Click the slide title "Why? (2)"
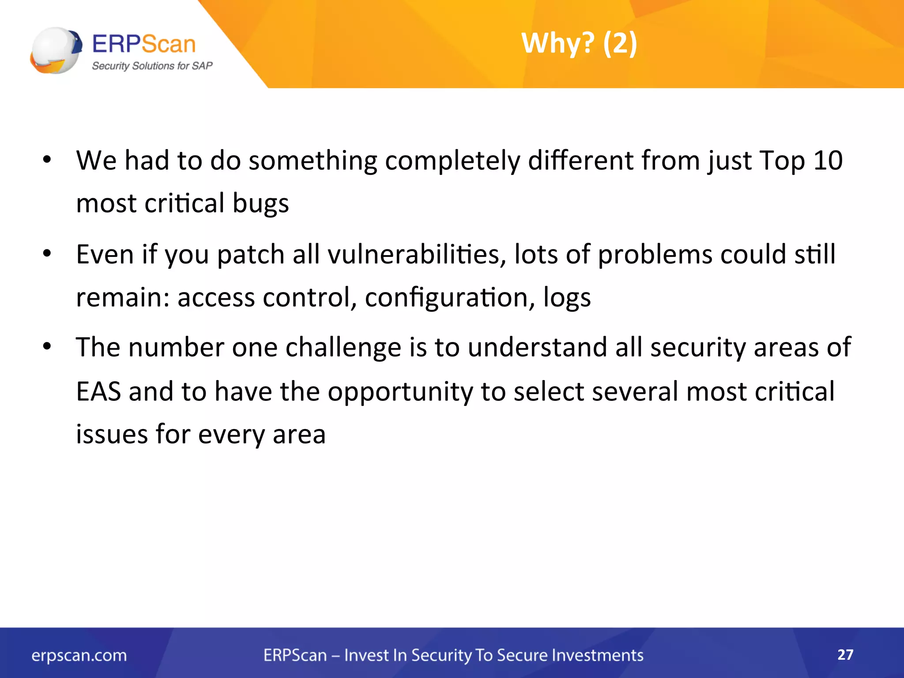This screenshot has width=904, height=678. (x=579, y=43)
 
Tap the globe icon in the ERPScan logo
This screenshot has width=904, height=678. (x=56, y=50)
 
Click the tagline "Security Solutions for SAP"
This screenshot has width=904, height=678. (x=152, y=66)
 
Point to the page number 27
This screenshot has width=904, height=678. (x=845, y=654)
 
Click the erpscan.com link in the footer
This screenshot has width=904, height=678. (x=79, y=655)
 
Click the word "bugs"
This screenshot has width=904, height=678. (x=260, y=203)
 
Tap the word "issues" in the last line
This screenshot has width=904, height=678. (x=112, y=434)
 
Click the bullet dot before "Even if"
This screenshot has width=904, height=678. (x=47, y=254)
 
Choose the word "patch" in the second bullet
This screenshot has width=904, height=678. (x=250, y=255)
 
